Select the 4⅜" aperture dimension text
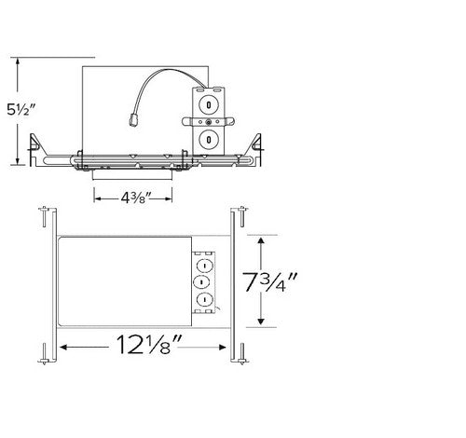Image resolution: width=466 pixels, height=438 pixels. [132, 196]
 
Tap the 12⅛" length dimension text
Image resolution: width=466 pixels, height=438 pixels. [143, 346]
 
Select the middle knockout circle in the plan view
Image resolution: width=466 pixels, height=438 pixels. [199, 280]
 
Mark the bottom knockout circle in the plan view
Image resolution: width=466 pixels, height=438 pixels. [199, 299]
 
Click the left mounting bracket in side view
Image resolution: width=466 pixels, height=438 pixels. [38, 144]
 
